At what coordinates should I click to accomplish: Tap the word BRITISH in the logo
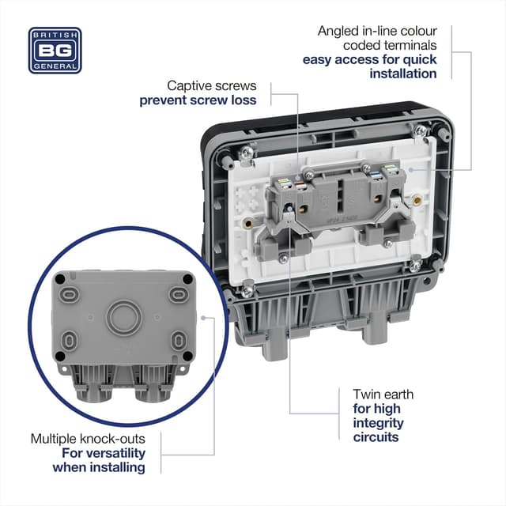[x=55, y=35]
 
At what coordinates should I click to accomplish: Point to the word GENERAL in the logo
[x=55, y=66]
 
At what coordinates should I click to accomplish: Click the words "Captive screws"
[x=211, y=85]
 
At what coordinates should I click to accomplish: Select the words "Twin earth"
[x=383, y=394]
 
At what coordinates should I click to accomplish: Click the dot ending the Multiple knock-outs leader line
[x=204, y=319]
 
